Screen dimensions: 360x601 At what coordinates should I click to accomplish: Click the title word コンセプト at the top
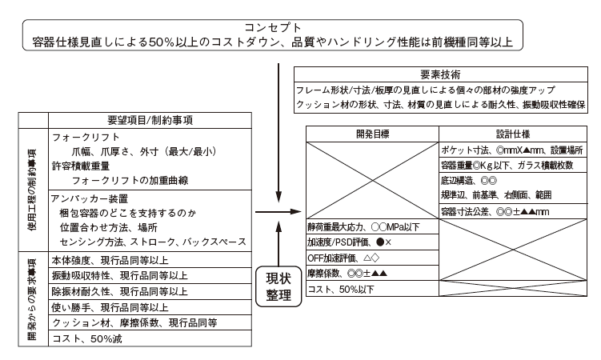pyautogui.click(x=274, y=26)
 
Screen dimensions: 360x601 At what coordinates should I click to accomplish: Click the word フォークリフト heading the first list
pyautogui.click(x=82, y=138)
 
